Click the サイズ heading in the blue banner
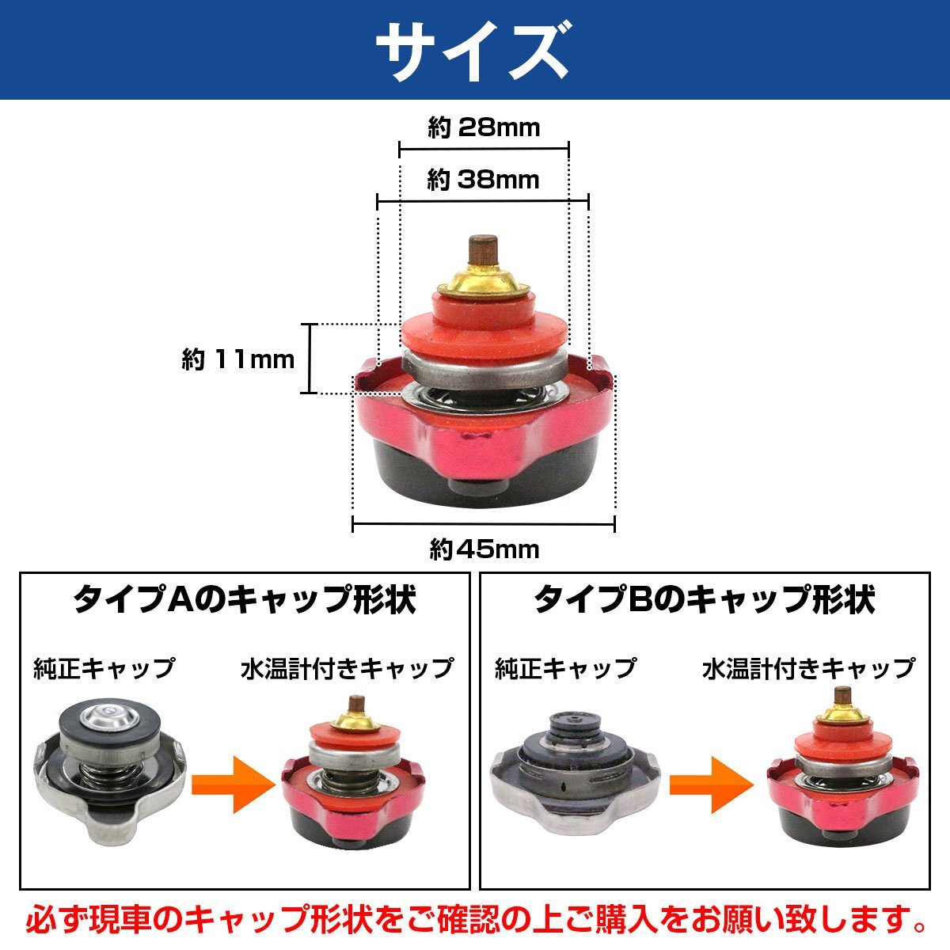(473, 51)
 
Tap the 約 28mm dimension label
(484, 128)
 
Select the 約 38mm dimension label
(483, 180)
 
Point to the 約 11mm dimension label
(237, 360)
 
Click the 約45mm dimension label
(484, 549)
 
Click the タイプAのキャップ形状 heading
(244, 599)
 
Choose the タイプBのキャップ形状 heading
(705, 599)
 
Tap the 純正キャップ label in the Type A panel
(104, 669)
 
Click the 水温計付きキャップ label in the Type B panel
(808, 669)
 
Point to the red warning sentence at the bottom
(475, 922)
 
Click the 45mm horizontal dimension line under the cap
(484, 523)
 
